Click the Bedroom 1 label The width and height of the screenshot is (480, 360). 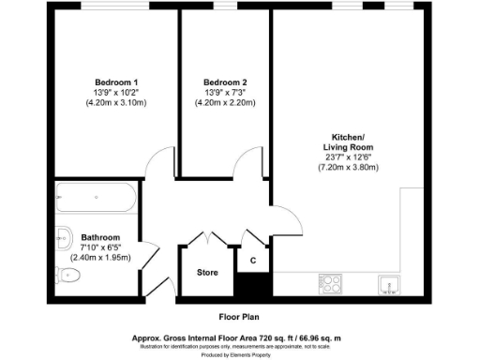click(115, 81)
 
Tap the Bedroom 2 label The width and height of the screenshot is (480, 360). click(225, 81)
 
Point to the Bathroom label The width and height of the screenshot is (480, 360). click(100, 237)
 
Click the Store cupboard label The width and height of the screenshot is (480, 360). click(207, 273)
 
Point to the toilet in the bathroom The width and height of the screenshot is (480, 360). click(67, 275)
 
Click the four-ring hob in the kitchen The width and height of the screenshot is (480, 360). click(330, 280)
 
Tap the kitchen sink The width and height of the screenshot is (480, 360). click(386, 281)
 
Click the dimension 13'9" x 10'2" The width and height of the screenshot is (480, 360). click(115, 92)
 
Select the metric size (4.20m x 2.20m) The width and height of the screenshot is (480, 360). click(225, 103)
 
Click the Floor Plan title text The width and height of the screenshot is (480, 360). click(239, 316)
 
